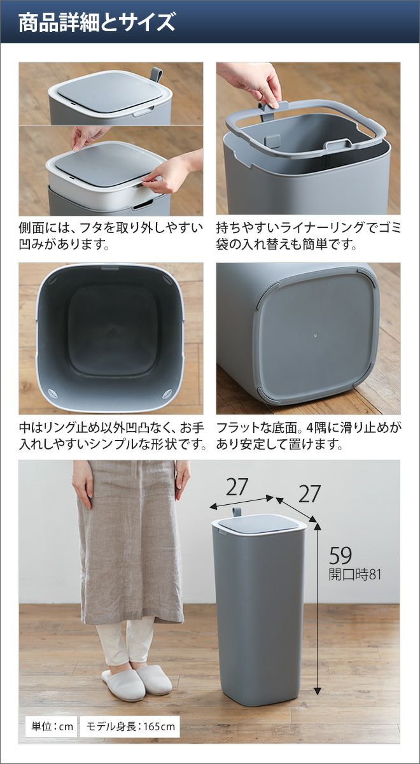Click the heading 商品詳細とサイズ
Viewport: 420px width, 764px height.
click(x=97, y=23)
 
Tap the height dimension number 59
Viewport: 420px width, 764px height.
click(x=340, y=555)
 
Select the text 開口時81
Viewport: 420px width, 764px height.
click(x=354, y=575)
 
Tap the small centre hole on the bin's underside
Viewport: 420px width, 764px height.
click(x=316, y=336)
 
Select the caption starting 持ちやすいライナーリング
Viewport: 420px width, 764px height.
click(x=309, y=236)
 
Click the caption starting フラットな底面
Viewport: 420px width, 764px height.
click(x=309, y=436)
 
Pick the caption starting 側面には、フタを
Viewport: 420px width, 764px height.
click(x=111, y=236)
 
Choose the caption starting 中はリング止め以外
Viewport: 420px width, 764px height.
click(x=113, y=436)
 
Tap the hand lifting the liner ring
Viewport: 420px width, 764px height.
click(x=254, y=84)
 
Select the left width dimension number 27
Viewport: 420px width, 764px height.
click(x=236, y=487)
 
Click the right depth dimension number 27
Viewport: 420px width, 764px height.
click(x=309, y=494)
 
